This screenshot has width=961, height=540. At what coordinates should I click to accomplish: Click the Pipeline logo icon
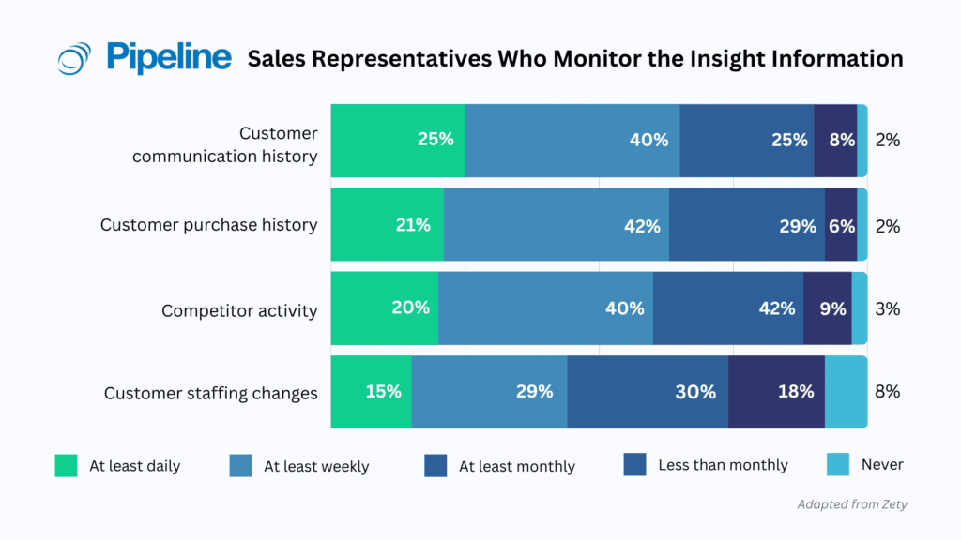point(74,58)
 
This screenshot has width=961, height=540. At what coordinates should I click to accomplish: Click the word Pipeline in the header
point(169,56)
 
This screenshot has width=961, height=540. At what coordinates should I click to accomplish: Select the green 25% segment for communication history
point(398,140)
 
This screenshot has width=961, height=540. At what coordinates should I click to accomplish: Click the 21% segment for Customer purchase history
point(387,225)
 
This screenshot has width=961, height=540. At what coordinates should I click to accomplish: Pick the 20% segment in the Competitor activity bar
point(384,308)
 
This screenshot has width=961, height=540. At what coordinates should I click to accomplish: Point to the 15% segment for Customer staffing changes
point(371,392)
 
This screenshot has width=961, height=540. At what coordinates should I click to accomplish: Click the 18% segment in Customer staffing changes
point(776,392)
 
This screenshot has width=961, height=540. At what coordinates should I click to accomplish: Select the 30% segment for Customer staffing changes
point(648,392)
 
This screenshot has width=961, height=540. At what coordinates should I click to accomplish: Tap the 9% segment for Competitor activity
point(827,308)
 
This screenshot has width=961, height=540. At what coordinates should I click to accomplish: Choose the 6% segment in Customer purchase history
point(840,225)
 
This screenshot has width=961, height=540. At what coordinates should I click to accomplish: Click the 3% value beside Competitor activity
point(887,308)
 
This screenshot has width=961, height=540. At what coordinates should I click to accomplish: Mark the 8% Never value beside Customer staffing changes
point(887,392)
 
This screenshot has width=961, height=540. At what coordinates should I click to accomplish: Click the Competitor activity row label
point(239,310)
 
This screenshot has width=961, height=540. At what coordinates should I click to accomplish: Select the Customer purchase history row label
point(208,225)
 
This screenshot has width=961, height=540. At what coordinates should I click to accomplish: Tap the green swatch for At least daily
point(66,465)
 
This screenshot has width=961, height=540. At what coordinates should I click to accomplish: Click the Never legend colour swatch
point(837,464)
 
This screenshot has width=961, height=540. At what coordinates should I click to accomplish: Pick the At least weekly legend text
point(316,466)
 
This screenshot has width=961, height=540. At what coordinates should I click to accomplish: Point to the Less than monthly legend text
point(723,465)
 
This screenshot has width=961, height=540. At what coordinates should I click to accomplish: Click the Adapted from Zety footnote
point(851,504)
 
